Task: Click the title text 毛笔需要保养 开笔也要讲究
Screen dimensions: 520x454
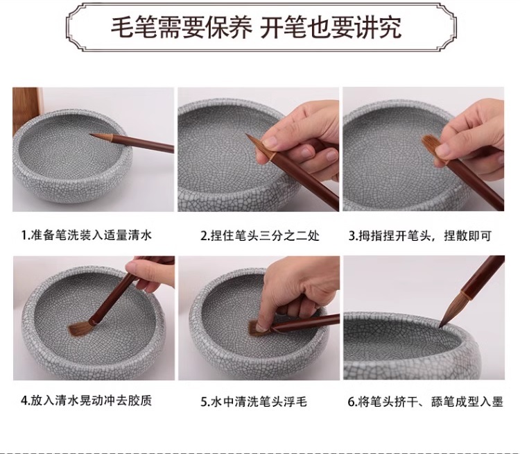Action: (256, 27)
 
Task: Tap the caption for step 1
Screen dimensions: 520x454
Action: (87, 235)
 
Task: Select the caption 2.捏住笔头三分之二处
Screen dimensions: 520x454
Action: (260, 236)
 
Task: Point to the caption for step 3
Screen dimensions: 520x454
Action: (420, 236)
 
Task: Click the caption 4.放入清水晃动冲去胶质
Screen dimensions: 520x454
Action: (87, 400)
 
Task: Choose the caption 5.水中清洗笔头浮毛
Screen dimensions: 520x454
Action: (254, 401)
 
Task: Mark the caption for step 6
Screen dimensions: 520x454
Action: (426, 401)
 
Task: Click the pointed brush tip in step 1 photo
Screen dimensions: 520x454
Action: (92, 135)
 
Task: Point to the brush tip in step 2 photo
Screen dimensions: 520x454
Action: (247, 135)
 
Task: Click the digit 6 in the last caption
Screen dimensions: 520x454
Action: (351, 402)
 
